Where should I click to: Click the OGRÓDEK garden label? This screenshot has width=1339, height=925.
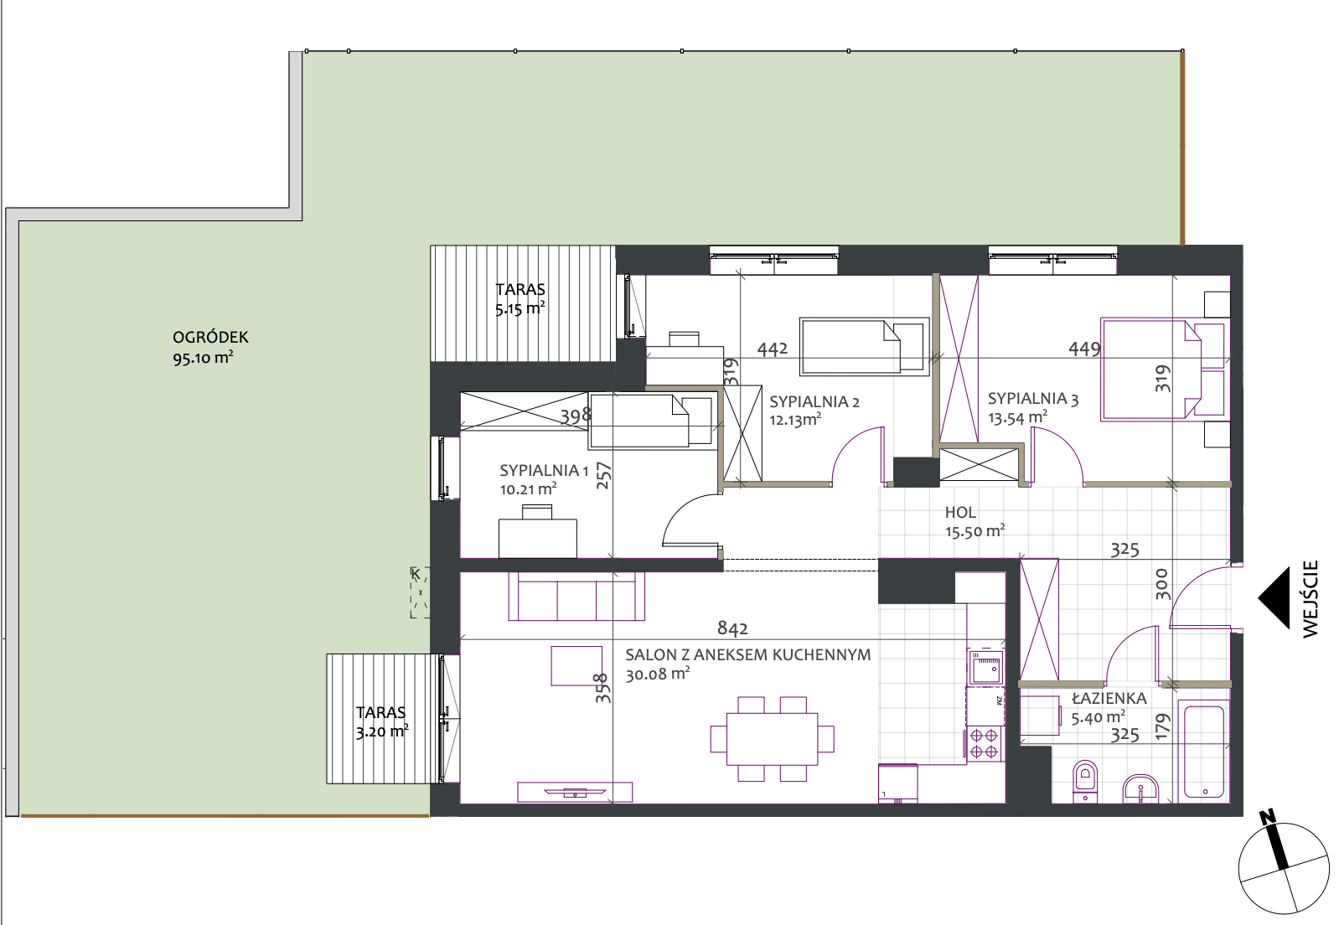[210, 337]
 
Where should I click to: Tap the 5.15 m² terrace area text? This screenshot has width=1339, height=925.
[520, 309]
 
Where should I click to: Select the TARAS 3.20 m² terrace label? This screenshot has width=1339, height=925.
[382, 722]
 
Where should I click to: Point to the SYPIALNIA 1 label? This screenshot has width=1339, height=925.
[544, 470]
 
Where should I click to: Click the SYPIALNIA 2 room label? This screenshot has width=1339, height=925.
[814, 401]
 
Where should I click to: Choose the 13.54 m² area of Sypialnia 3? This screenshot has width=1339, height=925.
[1017, 418]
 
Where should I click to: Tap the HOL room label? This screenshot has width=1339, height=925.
[960, 512]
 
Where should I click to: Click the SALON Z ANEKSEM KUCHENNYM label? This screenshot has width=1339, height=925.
[747, 655]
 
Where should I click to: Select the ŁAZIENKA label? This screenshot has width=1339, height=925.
[1109, 698]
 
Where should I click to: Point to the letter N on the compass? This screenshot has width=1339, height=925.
[1267, 818]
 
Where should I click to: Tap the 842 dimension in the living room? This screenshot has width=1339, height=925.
[732, 628]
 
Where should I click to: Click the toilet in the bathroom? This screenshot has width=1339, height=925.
[1085, 780]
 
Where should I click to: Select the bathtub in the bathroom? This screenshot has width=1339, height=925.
[1204, 752]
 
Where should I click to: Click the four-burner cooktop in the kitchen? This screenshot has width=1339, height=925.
[984, 743]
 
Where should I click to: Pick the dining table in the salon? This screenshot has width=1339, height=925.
[772, 738]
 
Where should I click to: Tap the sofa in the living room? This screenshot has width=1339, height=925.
[576, 596]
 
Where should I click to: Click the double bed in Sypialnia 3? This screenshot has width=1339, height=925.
[1163, 369]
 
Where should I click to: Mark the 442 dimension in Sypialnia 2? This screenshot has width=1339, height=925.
[773, 349]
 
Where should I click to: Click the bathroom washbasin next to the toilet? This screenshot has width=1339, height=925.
[1140, 788]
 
